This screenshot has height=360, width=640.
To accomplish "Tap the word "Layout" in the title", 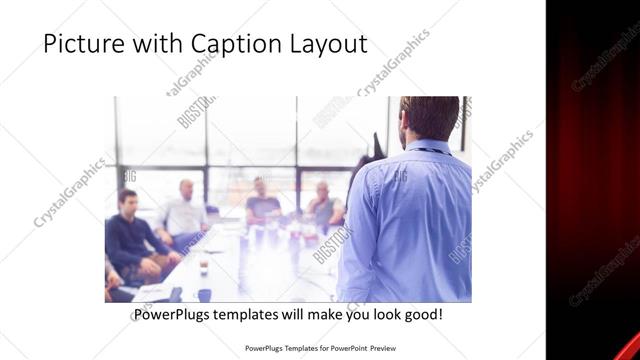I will (x=327, y=44).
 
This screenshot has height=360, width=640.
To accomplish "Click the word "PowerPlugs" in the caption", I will (x=175, y=315).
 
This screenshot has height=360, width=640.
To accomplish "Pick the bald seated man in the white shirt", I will (x=184, y=215).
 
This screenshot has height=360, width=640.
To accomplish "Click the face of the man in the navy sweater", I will (x=128, y=200).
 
